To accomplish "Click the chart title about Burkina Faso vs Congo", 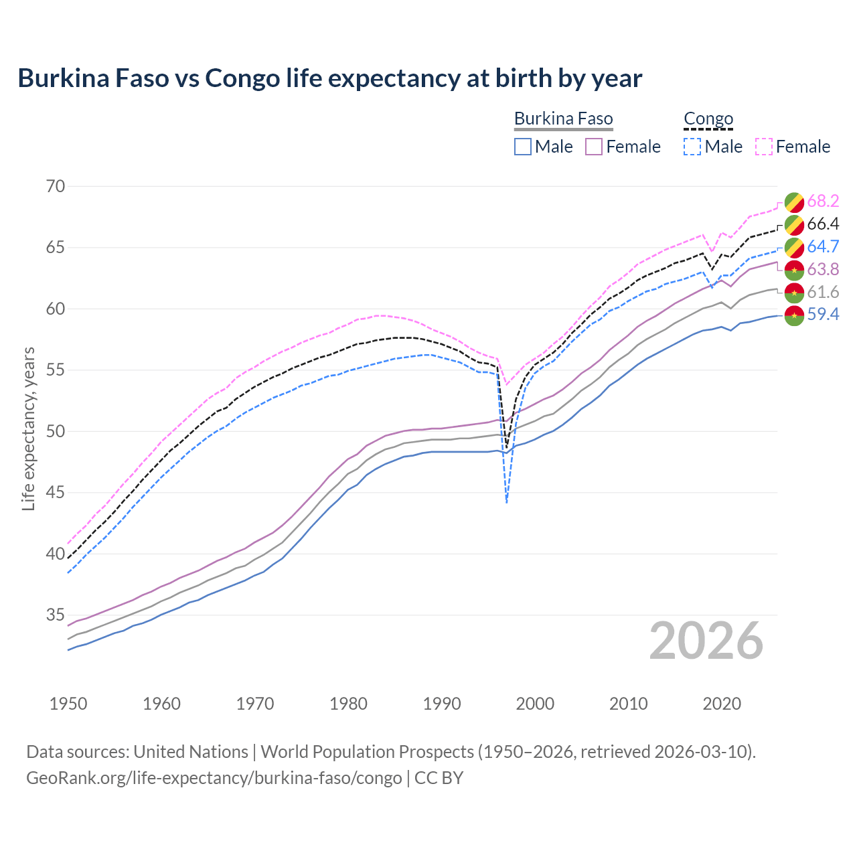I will tap(329, 78).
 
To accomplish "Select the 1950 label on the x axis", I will tap(68, 704).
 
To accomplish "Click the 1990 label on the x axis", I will tap(442, 704).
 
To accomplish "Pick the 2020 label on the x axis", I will tap(722, 704).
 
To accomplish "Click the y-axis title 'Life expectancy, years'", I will tap(28, 428).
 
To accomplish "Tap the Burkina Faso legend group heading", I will tap(563, 119).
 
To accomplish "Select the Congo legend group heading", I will tap(708, 119).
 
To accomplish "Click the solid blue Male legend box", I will tap(523, 147).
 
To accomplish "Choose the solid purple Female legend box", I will tap(594, 147).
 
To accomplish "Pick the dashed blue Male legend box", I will tap(692, 147).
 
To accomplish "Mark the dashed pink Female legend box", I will tap(763, 147).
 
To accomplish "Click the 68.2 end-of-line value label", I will tap(823, 201).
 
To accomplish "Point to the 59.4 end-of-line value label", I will tap(823, 314).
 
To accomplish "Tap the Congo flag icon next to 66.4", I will tap(794, 224).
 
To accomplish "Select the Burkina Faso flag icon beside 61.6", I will tap(794, 293).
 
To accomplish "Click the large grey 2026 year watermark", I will tap(706, 641).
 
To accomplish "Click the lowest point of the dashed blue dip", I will tap(507, 502).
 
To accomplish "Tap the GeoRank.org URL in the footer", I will tap(214, 778).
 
